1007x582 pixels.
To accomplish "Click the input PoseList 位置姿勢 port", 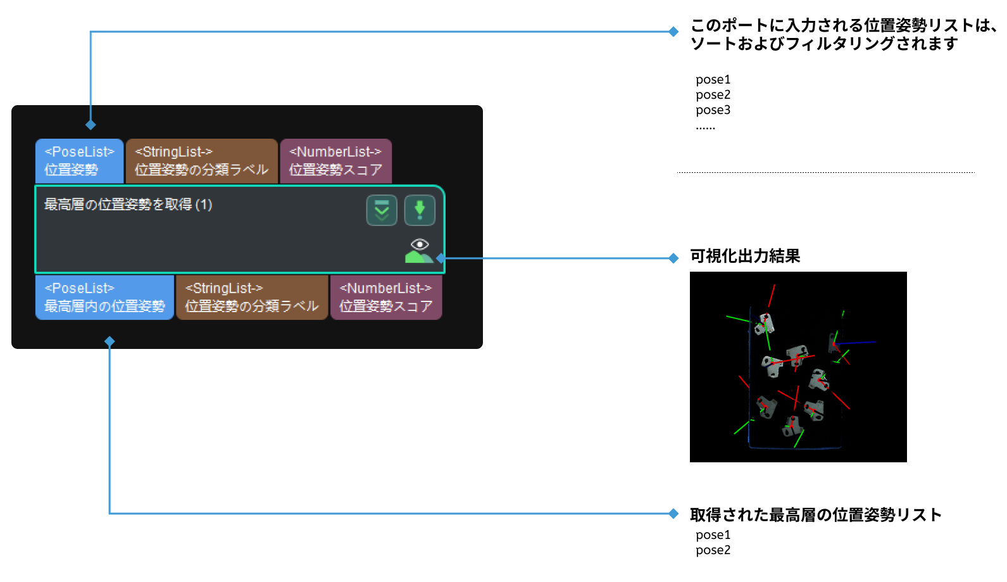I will coord(79,161).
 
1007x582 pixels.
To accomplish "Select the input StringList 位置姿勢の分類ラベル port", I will coord(201,161).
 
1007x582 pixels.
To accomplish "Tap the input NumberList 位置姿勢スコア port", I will coord(335,161).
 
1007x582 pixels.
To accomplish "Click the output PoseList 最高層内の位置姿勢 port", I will coord(104,297).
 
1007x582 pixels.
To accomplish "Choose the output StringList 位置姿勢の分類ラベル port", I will coord(251,297).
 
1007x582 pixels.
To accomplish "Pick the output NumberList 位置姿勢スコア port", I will coord(385,297).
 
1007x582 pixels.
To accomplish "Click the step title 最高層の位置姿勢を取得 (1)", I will coord(128,205).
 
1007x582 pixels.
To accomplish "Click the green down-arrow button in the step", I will coord(420,210).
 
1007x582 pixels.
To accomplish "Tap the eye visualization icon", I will coord(420,244).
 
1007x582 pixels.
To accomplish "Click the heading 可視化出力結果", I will coord(745,256).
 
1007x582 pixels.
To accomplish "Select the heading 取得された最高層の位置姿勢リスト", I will coord(815,515).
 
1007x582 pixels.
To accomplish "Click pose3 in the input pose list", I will coord(713,110).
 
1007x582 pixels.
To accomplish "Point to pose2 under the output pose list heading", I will coord(713,550).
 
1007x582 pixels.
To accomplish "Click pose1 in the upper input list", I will coord(713,80).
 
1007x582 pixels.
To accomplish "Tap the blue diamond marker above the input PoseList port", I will coord(91,125).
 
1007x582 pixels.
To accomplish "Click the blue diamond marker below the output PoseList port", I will coord(109,341).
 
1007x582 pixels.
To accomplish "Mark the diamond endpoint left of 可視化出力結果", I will coord(673,258).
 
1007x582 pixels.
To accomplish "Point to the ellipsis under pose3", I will coord(705,128).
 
